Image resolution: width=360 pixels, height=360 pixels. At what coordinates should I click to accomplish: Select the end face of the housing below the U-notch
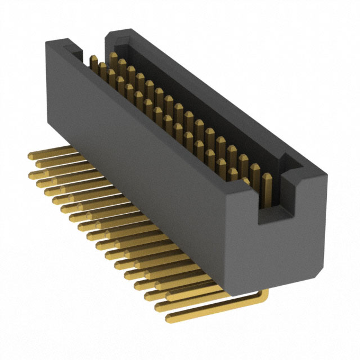click(281, 247)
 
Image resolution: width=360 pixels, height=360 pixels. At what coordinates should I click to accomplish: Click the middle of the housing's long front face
click(141, 174)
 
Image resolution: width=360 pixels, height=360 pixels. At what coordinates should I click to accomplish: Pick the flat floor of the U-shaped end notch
click(276, 213)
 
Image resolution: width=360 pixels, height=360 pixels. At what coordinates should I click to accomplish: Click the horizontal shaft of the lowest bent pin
click(214, 307)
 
